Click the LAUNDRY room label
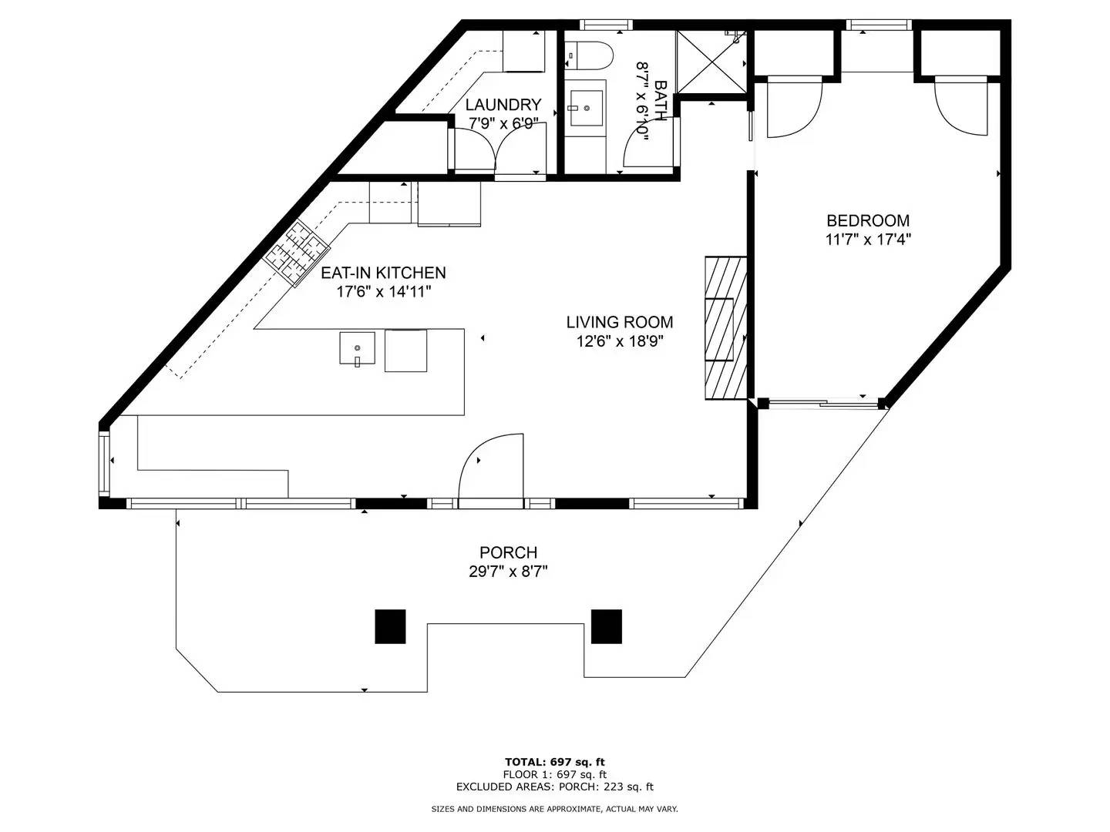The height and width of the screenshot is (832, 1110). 503,105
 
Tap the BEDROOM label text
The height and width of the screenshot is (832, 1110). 868,221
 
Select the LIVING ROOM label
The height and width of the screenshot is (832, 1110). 619,322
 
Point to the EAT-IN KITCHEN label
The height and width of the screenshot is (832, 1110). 383,273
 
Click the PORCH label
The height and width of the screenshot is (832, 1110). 508,552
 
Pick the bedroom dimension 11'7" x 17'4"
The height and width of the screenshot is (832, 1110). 868,240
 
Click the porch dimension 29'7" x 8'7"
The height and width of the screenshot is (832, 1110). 508,572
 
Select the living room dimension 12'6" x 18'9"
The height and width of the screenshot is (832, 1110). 619,341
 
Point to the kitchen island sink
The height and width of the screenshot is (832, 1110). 357,348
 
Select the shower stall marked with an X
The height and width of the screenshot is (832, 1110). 710,62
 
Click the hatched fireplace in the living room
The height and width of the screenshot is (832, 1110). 725,327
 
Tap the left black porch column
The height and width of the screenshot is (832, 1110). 390,626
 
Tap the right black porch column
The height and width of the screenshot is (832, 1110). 606,626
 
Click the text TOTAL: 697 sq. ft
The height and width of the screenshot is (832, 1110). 554,762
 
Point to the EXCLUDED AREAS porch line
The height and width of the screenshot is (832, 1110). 554,787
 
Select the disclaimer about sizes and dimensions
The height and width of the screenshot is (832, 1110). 554,809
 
